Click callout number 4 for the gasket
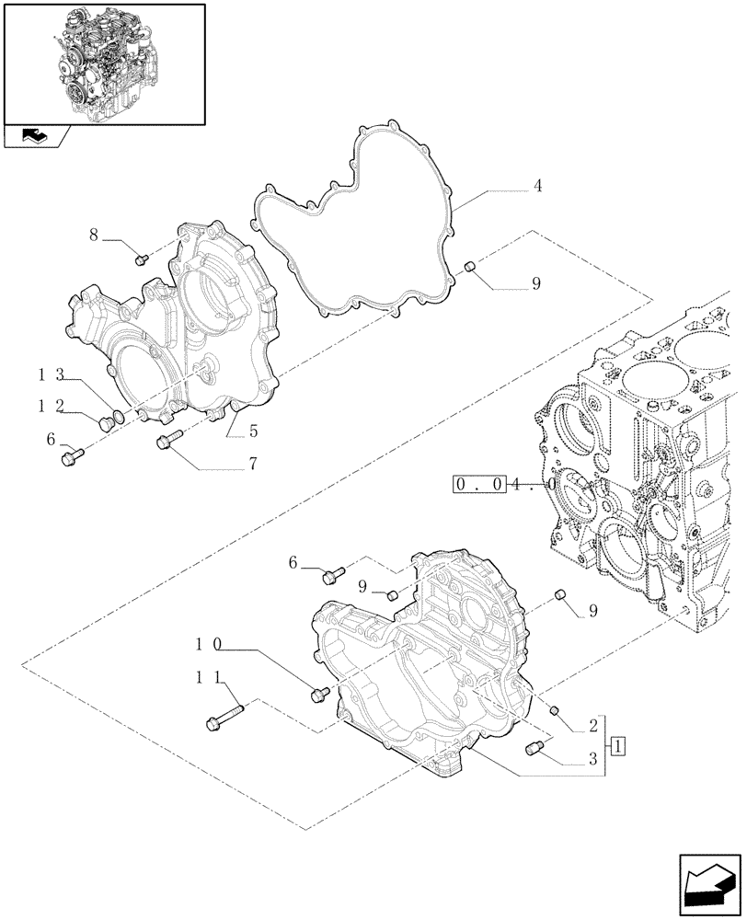[537, 186]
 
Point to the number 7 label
[251, 466]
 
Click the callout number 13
[50, 374]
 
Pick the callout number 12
[50, 405]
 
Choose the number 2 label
[592, 725]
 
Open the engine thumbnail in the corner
[104, 63]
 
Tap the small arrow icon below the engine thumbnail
[35, 137]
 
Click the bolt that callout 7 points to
[169, 442]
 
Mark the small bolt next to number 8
[142, 260]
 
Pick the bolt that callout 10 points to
[320, 694]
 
